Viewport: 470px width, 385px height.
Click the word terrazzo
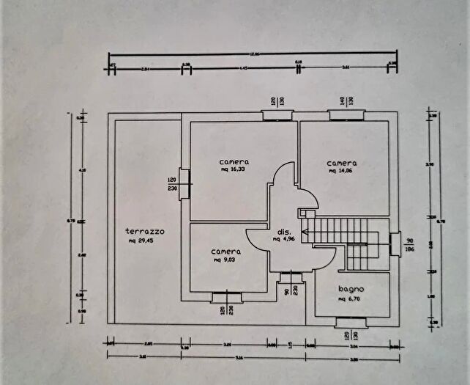click(x=143, y=231)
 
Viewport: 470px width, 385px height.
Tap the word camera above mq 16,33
click(x=234, y=161)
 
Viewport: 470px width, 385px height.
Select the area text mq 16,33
click(x=234, y=169)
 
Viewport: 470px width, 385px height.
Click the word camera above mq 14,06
click(x=342, y=163)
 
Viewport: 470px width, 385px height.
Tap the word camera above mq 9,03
click(x=226, y=251)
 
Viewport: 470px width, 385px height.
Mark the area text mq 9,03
click(x=226, y=260)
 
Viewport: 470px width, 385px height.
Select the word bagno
click(x=351, y=290)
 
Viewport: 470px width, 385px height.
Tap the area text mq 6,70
click(x=351, y=299)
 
